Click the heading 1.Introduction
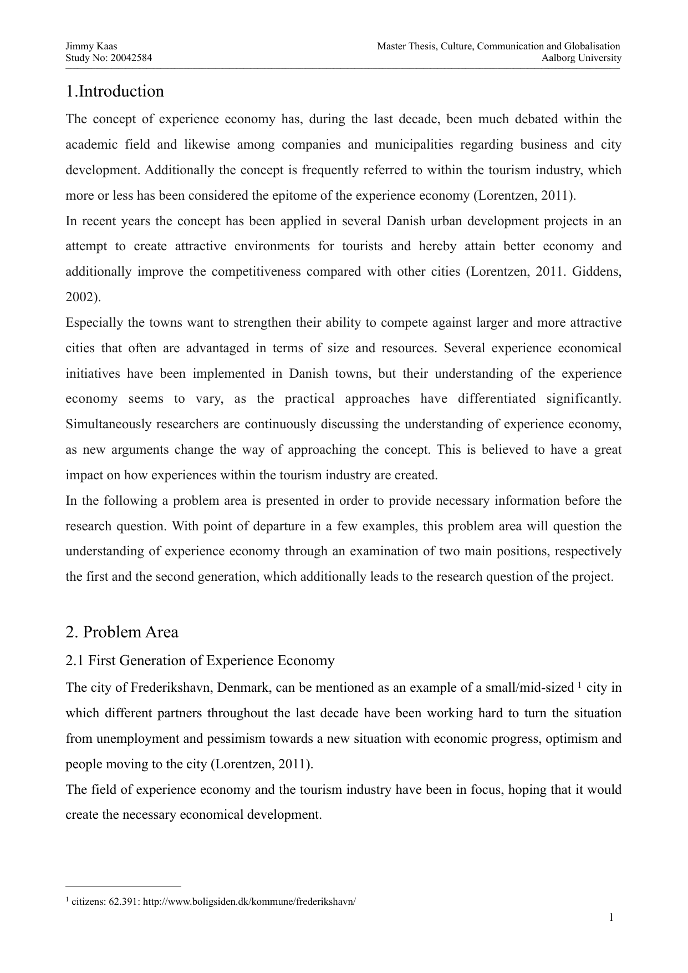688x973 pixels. pyautogui.click(x=115, y=92)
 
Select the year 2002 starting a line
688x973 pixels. pyautogui.click(x=80, y=297)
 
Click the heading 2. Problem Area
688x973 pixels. pyautogui.click(x=122, y=632)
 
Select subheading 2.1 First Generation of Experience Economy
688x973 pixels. pyautogui.click(x=200, y=661)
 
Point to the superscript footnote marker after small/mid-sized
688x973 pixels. pyautogui.click(x=579, y=685)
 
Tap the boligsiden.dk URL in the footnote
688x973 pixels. pyautogui.click(x=249, y=901)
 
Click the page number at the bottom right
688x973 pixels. pyautogui.click(x=611, y=917)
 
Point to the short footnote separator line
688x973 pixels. pyautogui.click(x=124, y=886)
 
